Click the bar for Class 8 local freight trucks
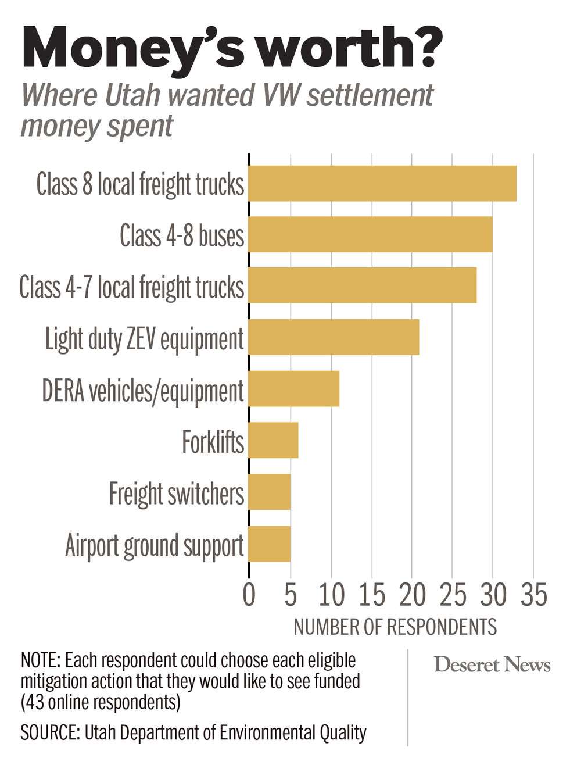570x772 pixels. pyautogui.click(x=382, y=184)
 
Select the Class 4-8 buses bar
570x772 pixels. pyautogui.click(x=371, y=235)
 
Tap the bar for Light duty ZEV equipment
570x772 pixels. pyautogui.click(x=334, y=337)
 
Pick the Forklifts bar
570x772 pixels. pyautogui.click(x=274, y=440)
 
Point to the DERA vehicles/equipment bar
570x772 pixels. pyautogui.click(x=294, y=389)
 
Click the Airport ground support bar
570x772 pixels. pyautogui.click(x=270, y=544)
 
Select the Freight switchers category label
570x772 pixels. pyautogui.click(x=177, y=494)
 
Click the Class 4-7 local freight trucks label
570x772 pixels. pyautogui.click(x=131, y=287)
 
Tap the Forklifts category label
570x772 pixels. pyautogui.click(x=213, y=442)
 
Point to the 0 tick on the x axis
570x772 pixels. pyautogui.click(x=249, y=595)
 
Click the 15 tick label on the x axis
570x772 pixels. pyautogui.click(x=371, y=595)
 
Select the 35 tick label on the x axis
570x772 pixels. pyautogui.click(x=533, y=595)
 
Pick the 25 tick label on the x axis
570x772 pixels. pyautogui.click(x=452, y=595)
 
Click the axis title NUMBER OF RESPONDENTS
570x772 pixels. pyautogui.click(x=395, y=627)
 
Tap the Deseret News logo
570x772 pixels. pyautogui.click(x=492, y=664)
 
